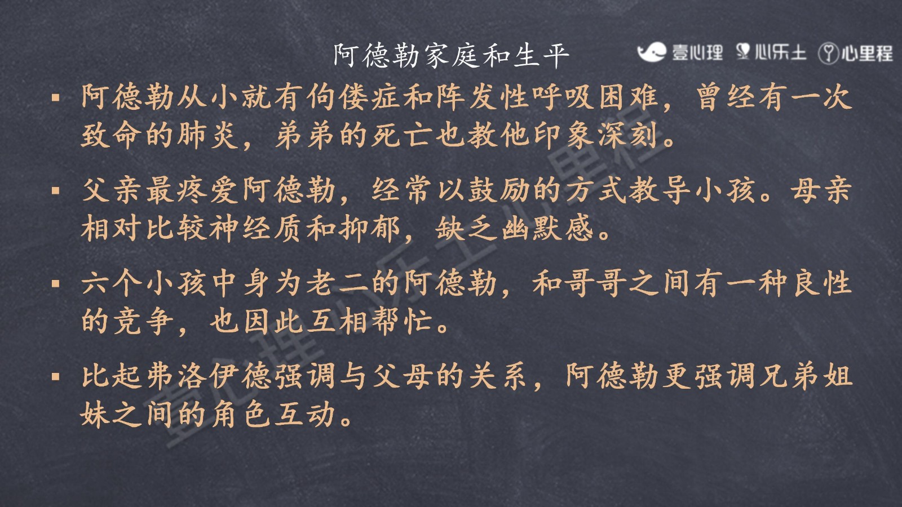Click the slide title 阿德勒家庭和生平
click(452, 56)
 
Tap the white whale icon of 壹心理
click(652, 52)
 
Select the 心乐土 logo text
click(780, 53)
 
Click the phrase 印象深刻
click(595, 135)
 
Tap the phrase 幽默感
click(547, 228)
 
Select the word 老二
click(338, 283)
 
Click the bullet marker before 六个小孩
click(56, 284)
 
